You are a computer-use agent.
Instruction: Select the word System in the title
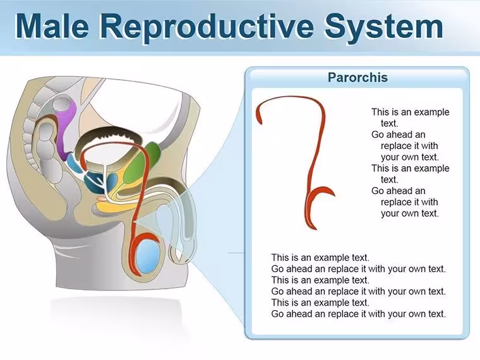(384, 27)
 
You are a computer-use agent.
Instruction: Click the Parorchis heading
(357, 77)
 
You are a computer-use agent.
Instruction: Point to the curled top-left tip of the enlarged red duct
(260, 120)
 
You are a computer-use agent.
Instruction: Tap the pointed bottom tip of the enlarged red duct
(315, 229)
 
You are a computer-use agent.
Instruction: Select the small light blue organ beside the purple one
(73, 163)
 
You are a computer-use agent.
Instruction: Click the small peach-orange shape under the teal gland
(102, 199)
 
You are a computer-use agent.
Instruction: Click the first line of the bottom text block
(320, 258)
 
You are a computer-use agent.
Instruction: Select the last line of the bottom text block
(359, 314)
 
